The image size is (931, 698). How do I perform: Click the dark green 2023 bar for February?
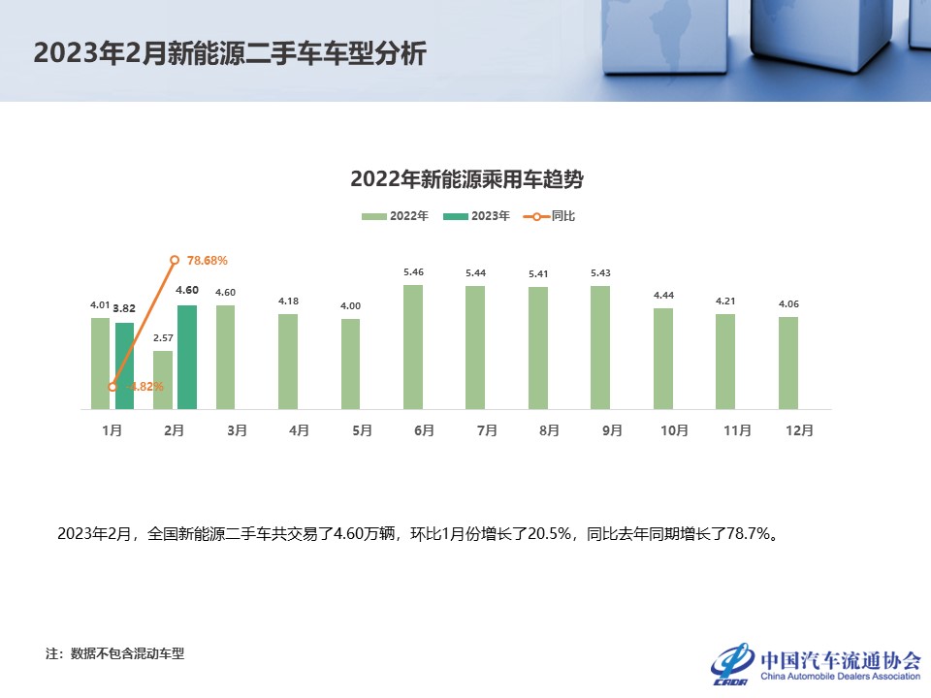(187, 357)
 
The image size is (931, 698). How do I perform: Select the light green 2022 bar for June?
(413, 346)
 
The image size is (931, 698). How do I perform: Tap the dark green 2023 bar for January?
(124, 365)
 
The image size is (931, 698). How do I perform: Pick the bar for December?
(788, 363)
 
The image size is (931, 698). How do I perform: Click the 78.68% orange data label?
(207, 261)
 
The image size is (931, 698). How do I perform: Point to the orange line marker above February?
(175, 260)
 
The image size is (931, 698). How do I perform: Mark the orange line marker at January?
(112, 387)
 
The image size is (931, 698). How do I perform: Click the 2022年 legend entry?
(395, 216)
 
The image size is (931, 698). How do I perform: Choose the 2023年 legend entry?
(476, 216)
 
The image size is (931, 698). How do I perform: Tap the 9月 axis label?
(612, 430)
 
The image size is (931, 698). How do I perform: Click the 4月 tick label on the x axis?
(300, 430)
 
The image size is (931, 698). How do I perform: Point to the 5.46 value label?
(413, 272)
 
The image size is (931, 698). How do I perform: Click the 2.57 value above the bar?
(163, 338)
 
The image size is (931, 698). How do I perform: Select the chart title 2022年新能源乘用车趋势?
(465, 179)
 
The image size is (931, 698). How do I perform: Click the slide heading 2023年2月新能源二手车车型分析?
(230, 53)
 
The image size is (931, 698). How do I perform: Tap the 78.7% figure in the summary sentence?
(750, 533)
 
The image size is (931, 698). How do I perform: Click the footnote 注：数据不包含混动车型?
(114, 653)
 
